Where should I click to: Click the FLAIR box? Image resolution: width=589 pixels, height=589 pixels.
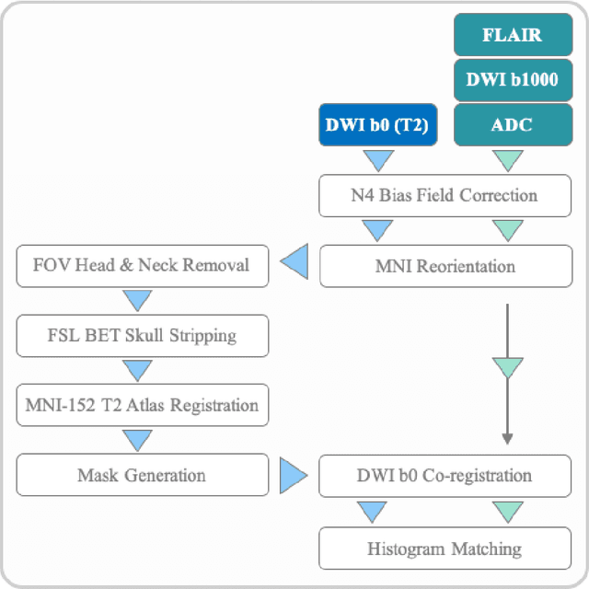click(x=512, y=36)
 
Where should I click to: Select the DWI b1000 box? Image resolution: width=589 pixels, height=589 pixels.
click(x=512, y=80)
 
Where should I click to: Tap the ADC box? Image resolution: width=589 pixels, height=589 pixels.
click(x=512, y=124)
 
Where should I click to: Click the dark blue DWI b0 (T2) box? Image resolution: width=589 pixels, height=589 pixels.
click(x=377, y=124)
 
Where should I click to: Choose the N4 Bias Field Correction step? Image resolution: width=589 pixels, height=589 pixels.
click(x=445, y=196)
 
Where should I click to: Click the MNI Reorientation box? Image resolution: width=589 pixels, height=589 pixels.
click(x=445, y=267)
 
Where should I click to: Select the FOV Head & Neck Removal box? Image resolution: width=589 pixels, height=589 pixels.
click(x=142, y=266)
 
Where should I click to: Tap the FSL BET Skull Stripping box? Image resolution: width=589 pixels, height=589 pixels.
click(x=142, y=336)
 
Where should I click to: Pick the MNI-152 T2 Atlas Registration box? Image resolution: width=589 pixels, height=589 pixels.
click(x=142, y=405)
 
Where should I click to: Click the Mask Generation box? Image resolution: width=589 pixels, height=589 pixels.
click(x=142, y=475)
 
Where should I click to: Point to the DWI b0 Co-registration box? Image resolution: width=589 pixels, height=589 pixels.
click(x=445, y=476)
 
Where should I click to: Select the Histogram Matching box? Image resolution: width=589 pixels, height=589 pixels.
click(x=445, y=549)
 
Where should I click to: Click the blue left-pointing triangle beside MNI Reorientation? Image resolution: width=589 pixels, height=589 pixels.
click(x=294, y=265)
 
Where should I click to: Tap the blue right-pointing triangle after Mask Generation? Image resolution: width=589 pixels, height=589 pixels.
click(x=294, y=476)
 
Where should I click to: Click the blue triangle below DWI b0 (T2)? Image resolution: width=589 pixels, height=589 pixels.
click(x=377, y=161)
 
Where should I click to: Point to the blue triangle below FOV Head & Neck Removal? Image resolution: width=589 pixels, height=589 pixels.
click(x=137, y=300)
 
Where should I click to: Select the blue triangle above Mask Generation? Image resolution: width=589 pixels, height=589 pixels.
click(x=137, y=440)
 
